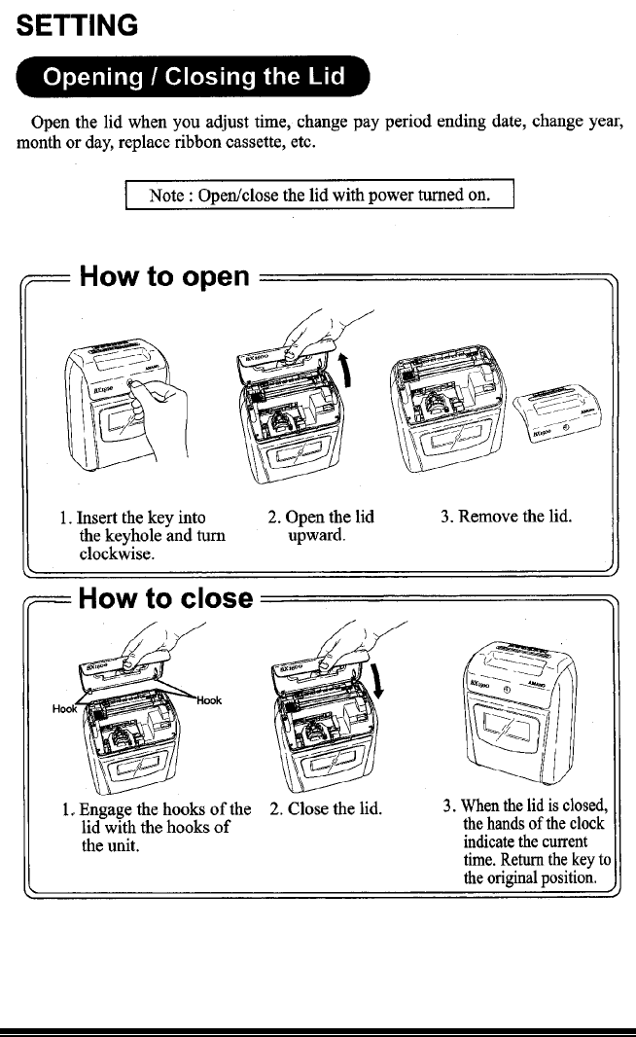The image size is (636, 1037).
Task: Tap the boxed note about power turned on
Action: point(320,195)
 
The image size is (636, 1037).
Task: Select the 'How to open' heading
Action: point(165,277)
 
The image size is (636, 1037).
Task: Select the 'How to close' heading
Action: point(166,597)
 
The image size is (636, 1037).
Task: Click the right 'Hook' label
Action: point(209,699)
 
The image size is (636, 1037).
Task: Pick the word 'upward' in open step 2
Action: point(317,535)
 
